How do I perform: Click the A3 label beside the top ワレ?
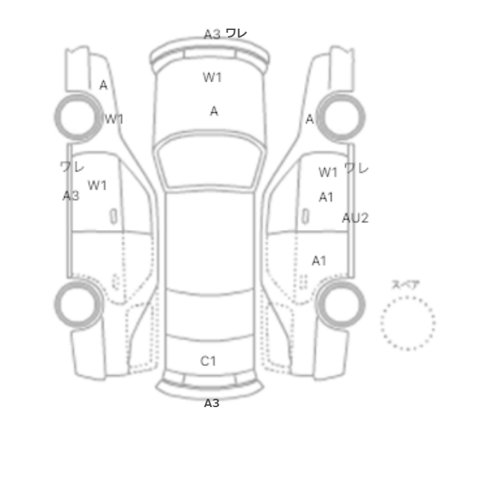click(212, 34)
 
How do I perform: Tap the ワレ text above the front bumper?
click(236, 33)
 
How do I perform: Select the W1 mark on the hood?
click(212, 77)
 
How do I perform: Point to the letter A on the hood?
click(214, 111)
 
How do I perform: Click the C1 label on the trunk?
click(208, 361)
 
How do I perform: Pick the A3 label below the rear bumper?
click(212, 404)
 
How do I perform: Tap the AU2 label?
click(355, 218)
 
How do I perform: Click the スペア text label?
click(405, 284)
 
